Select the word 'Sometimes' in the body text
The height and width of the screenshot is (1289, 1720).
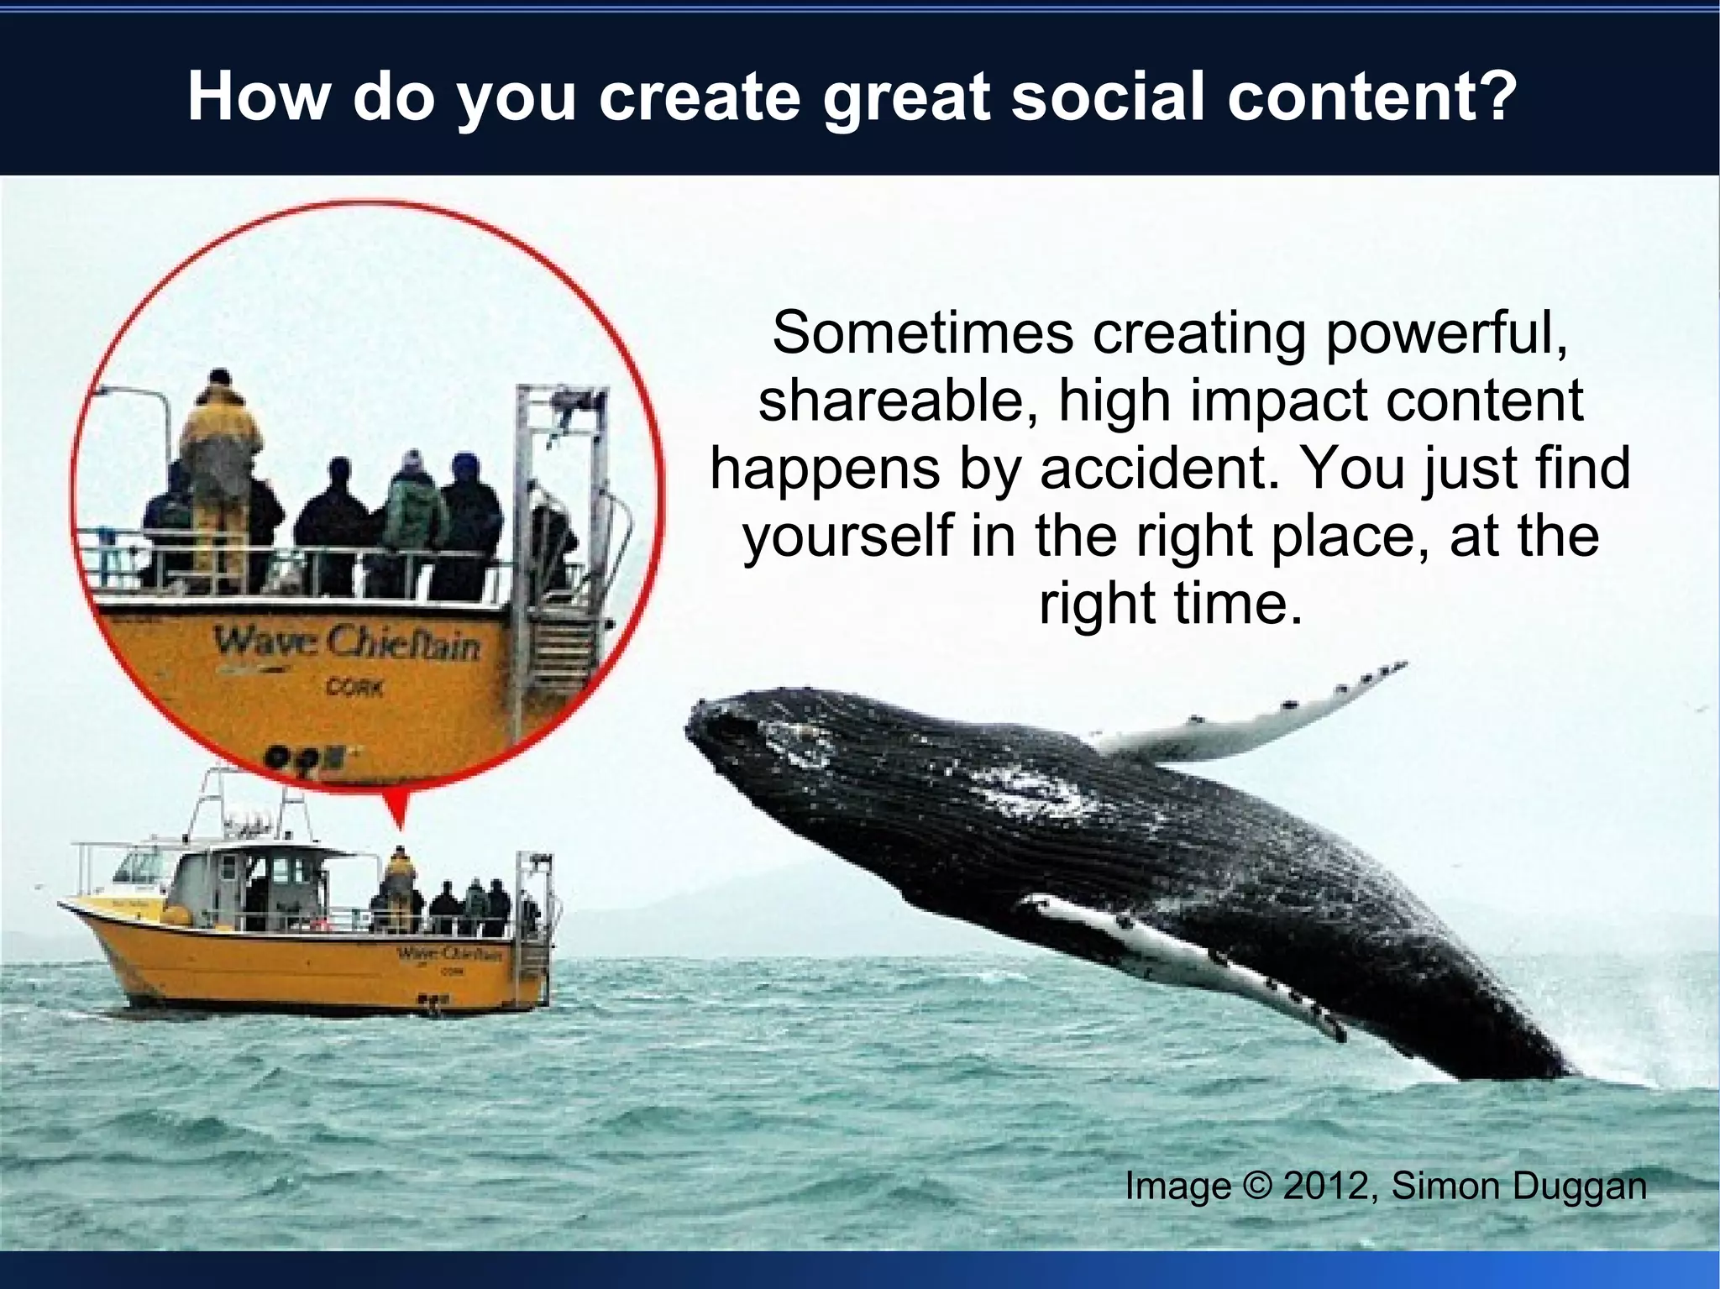(x=922, y=333)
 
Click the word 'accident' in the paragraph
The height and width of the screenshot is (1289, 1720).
(x=1155, y=468)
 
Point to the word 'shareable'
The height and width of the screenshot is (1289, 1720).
(x=890, y=401)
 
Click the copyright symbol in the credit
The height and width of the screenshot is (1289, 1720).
(x=1256, y=1187)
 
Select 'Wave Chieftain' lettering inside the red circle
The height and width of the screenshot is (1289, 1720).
(x=346, y=644)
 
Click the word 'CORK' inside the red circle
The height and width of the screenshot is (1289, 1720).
(x=354, y=688)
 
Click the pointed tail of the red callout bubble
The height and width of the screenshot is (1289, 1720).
(x=397, y=819)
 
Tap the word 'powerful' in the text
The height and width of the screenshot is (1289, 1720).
(x=1445, y=333)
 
